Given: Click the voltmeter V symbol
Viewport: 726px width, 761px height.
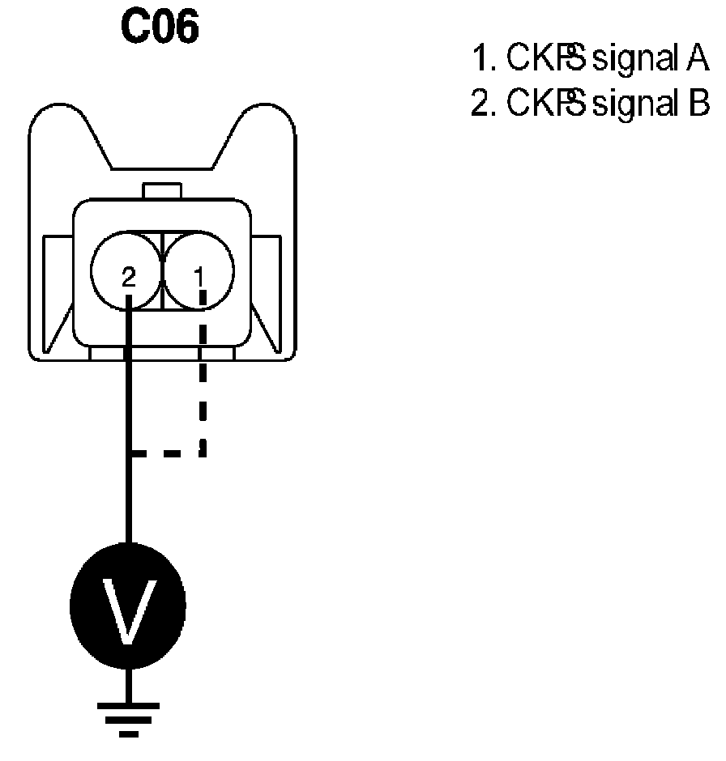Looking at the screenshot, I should pos(127,606).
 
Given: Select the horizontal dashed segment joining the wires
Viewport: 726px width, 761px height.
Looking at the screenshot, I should pos(166,454).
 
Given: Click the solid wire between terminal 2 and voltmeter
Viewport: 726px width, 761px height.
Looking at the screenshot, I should pos(127,421).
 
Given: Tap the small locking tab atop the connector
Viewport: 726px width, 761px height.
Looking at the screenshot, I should pos(163,191).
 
